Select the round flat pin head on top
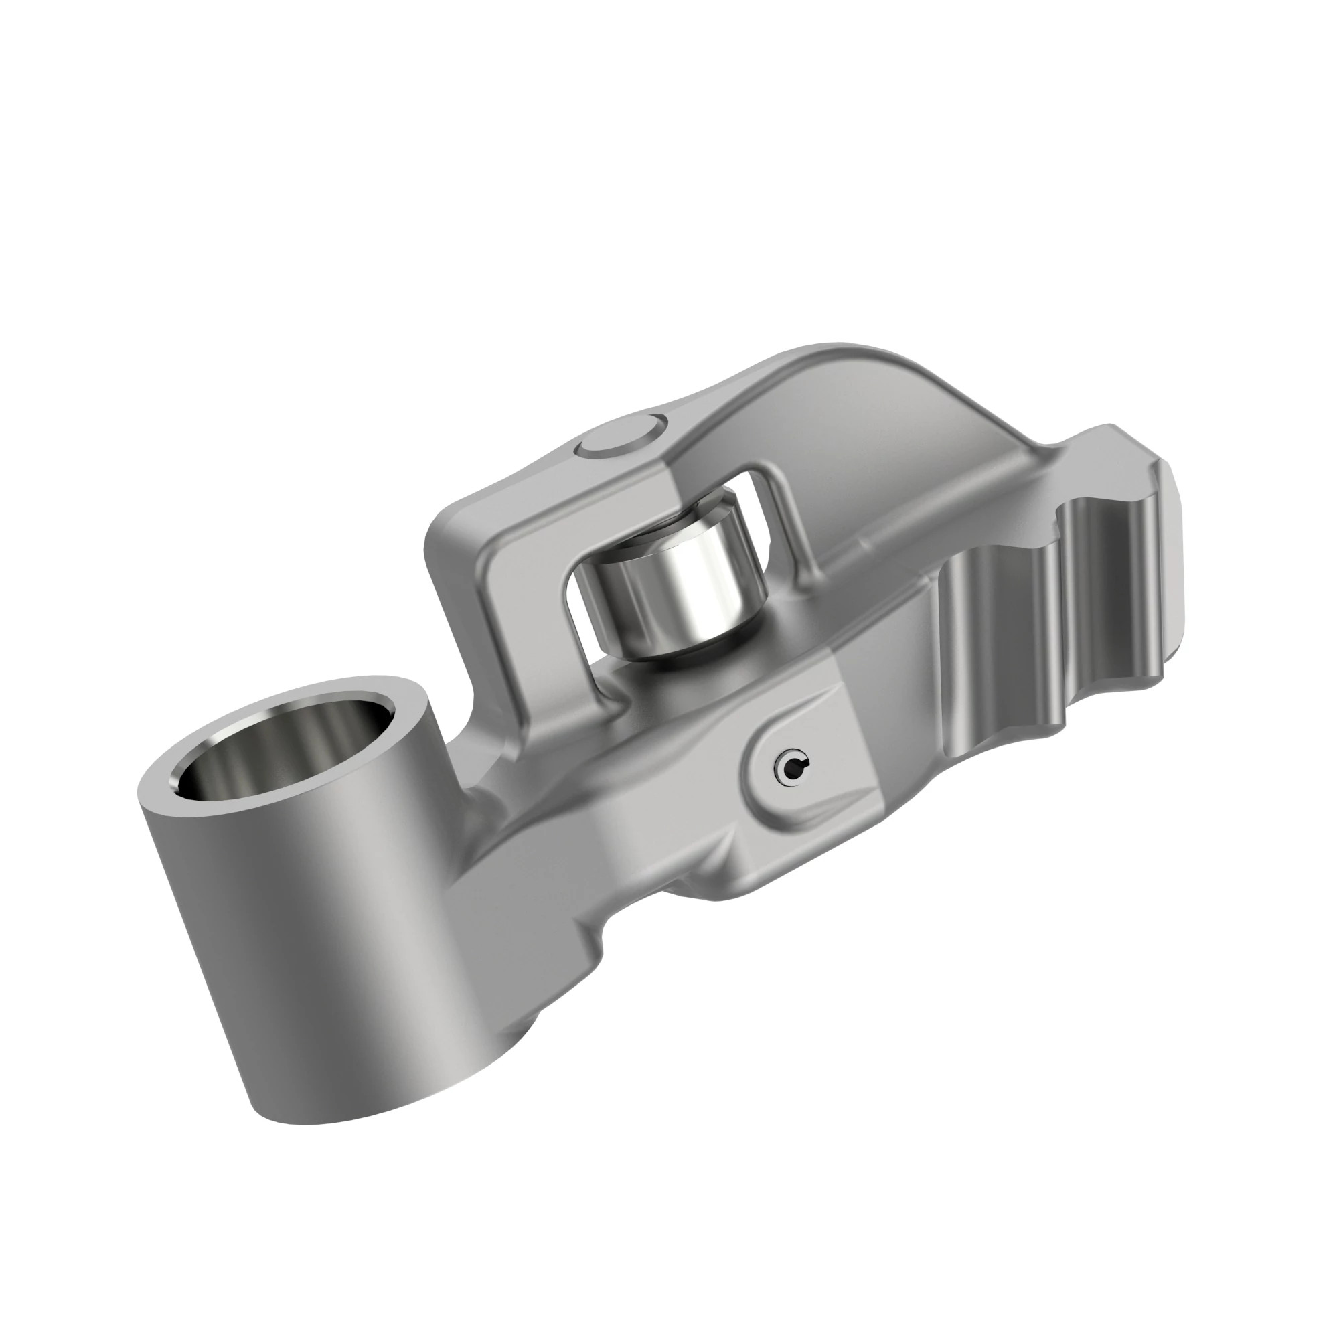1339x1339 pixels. (617, 441)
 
